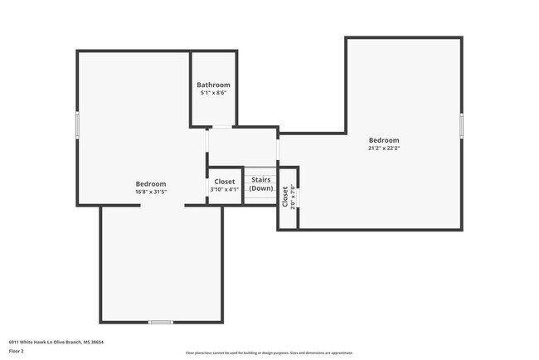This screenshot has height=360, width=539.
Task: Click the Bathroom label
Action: point(213,85)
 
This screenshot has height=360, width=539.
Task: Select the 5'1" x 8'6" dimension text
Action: point(213,93)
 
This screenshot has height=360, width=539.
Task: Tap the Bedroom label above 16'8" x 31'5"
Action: point(151,183)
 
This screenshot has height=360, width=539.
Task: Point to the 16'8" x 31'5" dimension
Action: point(151,192)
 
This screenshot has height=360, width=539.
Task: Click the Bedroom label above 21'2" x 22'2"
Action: point(383,140)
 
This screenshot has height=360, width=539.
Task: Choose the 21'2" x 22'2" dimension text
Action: point(383,148)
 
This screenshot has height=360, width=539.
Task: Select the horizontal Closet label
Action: point(224,181)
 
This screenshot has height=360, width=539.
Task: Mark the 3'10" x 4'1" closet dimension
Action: point(224,189)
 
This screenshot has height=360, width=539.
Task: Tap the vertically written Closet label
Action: point(284,197)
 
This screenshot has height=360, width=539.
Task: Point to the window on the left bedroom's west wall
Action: point(78,124)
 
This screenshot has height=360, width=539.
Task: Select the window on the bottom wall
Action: point(160,322)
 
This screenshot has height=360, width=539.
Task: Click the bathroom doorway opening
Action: point(221,127)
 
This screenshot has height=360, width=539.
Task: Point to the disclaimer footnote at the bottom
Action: point(269,353)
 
